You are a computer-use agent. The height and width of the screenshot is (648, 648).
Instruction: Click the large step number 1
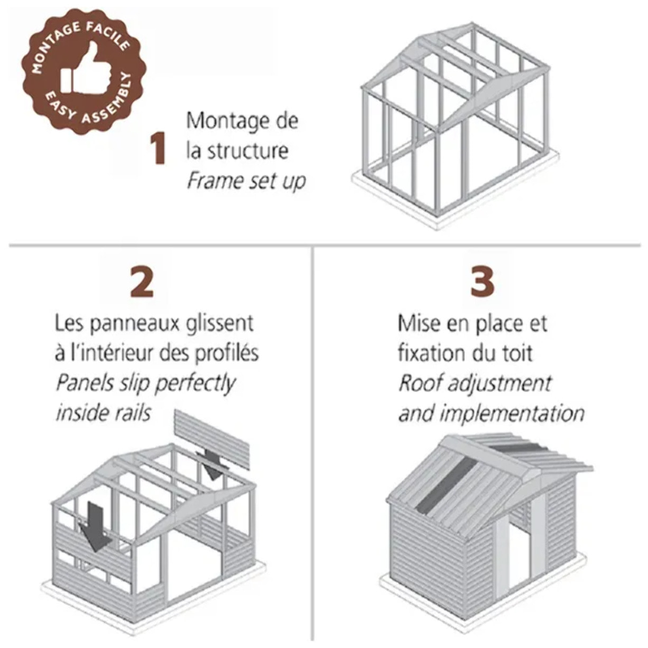(x=157, y=149)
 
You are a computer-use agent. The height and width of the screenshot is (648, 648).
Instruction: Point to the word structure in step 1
(x=247, y=151)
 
